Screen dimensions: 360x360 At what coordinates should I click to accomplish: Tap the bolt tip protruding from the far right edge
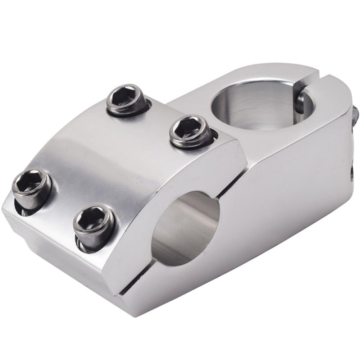(x=356, y=114)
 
